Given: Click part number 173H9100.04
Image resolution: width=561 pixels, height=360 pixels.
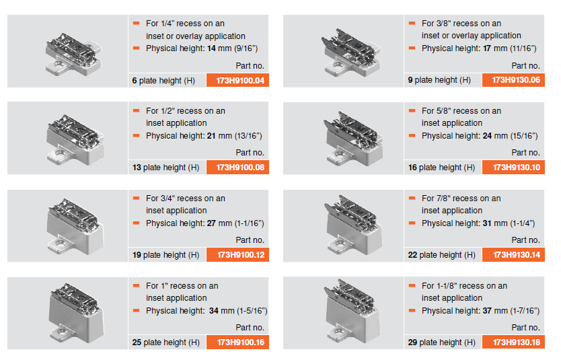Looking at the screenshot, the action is (240, 81).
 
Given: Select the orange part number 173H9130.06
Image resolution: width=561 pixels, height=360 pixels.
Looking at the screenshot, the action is (516, 80).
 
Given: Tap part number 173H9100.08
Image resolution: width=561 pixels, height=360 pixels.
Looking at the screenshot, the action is (240, 167).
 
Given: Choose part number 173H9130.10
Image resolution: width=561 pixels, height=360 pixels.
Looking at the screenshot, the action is (517, 167).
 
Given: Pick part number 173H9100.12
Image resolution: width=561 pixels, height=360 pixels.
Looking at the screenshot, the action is (240, 255).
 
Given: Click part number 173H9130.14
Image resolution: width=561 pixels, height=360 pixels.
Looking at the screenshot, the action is (517, 255).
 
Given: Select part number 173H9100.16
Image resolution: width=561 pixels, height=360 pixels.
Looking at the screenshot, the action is (240, 343).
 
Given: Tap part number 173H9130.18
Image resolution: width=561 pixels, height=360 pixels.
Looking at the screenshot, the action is (517, 343).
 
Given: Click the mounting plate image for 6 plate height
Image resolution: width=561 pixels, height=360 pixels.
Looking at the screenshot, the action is (74, 55).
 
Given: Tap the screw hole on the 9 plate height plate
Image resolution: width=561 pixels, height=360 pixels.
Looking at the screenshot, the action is (338, 66).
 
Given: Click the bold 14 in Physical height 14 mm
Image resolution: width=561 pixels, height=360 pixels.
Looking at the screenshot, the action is (211, 48).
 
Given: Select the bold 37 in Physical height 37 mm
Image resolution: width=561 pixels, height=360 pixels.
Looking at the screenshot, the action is (487, 311).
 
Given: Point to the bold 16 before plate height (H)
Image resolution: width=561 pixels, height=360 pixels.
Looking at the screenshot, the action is (412, 168).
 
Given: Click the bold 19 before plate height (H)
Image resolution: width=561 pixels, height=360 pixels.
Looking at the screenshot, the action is (137, 255).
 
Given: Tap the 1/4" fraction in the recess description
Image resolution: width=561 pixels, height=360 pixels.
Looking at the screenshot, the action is (167, 24).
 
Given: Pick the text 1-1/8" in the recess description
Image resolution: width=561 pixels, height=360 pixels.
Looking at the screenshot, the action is (447, 286).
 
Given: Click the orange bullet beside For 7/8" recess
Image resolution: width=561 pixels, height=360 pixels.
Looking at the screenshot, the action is (412, 198).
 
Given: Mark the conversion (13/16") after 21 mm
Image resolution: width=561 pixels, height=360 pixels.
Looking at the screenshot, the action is (248, 136).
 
